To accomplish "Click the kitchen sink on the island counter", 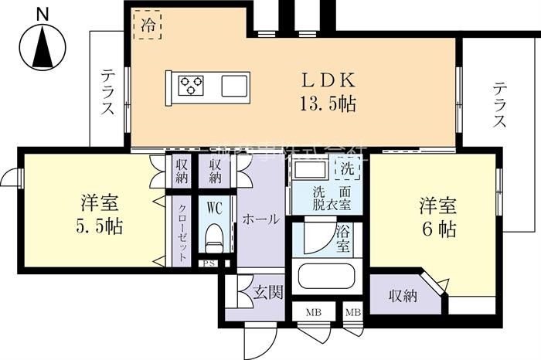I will point(234,84).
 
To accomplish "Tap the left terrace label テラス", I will point(108,93).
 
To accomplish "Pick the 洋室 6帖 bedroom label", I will point(437,217).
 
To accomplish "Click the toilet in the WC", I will point(214,236).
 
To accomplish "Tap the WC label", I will point(213,206).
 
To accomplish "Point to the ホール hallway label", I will point(260,219).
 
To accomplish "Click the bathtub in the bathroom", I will point(325,279).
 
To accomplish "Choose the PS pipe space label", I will point(209,263).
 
